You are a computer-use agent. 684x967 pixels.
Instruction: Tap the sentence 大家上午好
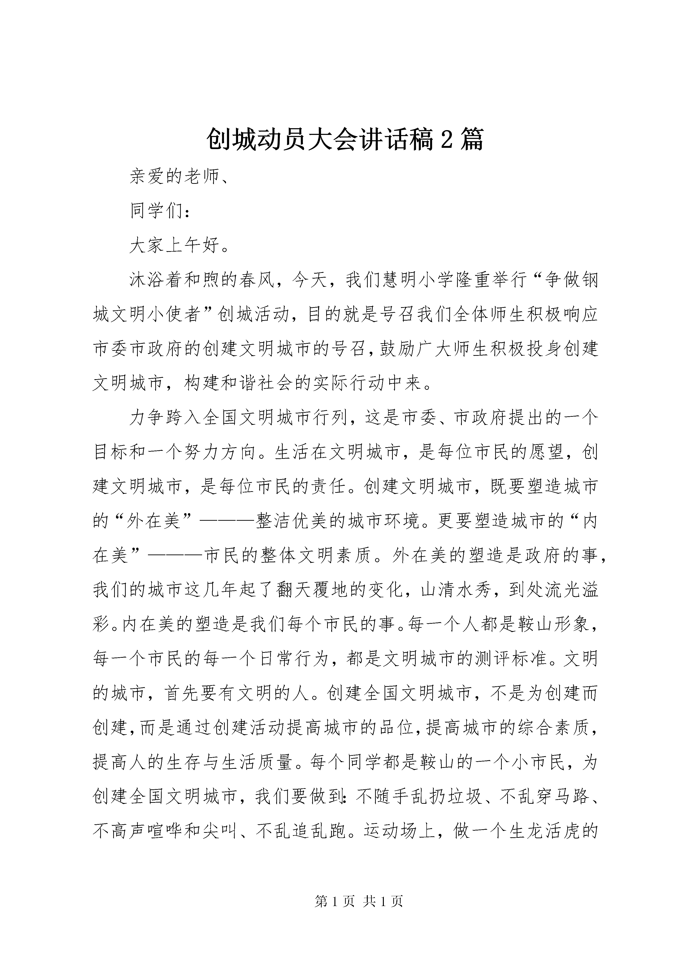pos(175,245)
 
